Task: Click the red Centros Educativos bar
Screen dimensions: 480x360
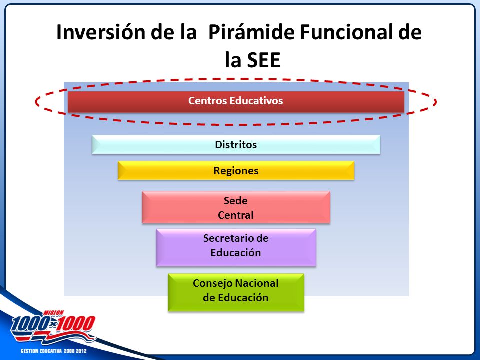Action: [236, 102]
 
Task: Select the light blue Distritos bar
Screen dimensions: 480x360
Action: [236, 145]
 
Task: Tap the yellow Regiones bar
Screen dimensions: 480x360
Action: [236, 171]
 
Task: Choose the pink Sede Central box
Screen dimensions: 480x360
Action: [236, 207]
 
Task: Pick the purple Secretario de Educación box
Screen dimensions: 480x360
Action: [236, 247]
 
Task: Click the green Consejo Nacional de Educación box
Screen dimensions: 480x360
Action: [236, 292]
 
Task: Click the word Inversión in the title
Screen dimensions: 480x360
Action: [101, 32]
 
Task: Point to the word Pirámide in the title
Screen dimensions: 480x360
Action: [251, 32]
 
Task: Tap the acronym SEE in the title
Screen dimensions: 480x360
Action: [264, 60]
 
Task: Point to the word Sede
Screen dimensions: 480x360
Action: [235, 201]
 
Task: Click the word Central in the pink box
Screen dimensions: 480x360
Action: [235, 215]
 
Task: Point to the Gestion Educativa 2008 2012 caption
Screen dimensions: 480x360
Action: [54, 351]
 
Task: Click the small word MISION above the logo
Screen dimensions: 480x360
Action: [54, 313]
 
